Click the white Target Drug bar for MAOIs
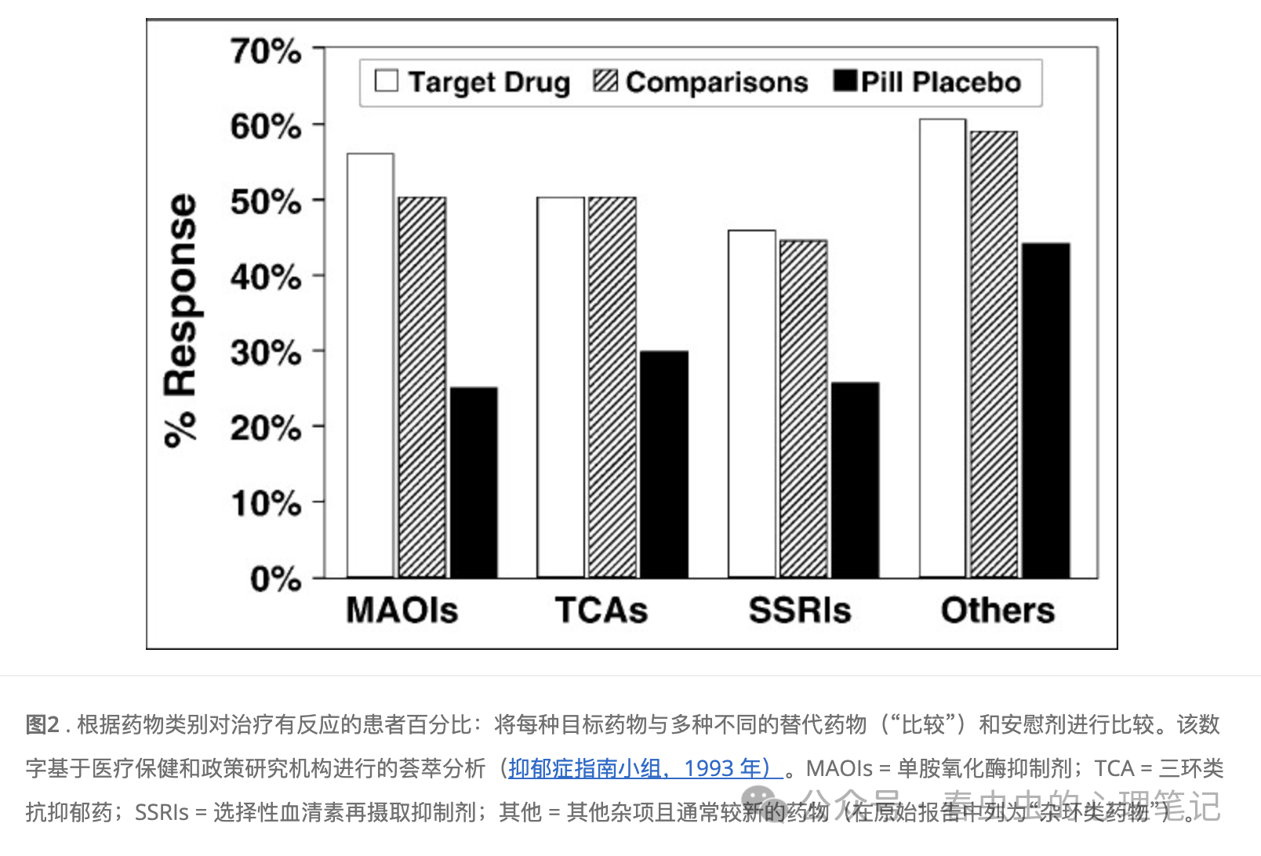370,365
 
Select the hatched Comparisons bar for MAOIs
422,387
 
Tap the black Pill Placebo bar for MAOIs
474,482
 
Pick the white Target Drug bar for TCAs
561,387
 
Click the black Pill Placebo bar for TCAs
663,464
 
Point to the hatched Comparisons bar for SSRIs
803,408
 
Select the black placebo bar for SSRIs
855,480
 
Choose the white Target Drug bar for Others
943,348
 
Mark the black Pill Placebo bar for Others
1045,410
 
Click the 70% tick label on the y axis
266,52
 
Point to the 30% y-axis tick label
266,353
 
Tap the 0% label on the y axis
275,579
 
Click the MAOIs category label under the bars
402,610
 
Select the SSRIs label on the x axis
799,610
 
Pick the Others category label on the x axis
998,610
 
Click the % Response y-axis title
180,320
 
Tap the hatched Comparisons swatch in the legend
605,81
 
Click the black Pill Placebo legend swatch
845,81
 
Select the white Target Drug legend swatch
387,81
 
